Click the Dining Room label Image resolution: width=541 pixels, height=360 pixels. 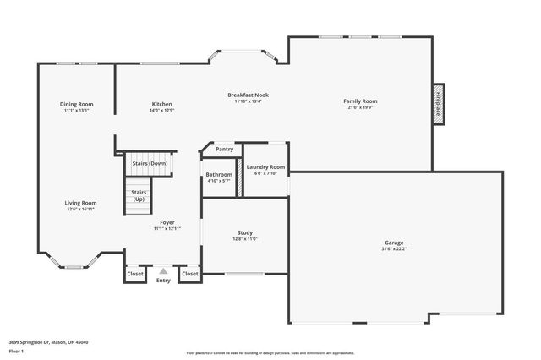(75, 104)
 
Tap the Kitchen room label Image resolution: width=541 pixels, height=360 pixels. (161, 104)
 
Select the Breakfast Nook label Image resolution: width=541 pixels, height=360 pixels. (248, 95)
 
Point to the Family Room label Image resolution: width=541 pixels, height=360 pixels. (360, 101)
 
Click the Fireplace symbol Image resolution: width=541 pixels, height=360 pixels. (439, 103)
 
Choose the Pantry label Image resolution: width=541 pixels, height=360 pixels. (224, 149)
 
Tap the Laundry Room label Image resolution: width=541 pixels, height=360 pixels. (265, 167)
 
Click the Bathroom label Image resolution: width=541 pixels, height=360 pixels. (219, 174)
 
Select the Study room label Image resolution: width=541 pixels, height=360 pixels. (245, 232)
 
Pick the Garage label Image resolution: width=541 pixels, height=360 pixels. (394, 243)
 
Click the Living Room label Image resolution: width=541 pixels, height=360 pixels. (81, 203)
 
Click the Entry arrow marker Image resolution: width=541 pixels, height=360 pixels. (163, 271)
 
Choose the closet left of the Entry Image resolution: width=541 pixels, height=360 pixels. (135, 274)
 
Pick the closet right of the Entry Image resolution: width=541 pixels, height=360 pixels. (190, 274)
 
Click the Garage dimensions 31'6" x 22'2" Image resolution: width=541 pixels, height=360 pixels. (394, 248)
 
